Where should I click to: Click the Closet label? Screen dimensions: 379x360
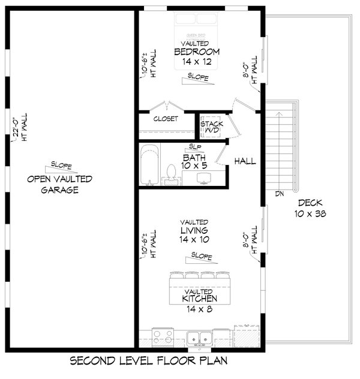tap(166, 119)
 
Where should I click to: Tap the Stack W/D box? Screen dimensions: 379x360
tap(211, 127)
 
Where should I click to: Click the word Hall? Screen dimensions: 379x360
tap(245, 161)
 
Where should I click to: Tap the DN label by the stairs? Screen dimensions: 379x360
tap(279, 194)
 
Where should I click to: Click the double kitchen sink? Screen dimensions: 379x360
tap(199, 339)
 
